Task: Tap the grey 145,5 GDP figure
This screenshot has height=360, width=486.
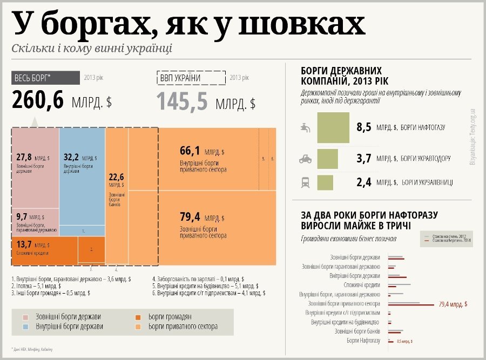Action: click(x=182, y=101)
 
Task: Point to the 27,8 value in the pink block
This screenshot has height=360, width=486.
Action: click(x=24, y=157)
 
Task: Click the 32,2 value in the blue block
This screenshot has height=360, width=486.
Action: click(x=71, y=157)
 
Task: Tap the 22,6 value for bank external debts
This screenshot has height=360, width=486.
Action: click(x=117, y=176)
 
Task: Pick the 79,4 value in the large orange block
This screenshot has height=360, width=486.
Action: click(x=190, y=217)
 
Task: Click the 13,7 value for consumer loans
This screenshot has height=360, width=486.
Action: click(x=24, y=244)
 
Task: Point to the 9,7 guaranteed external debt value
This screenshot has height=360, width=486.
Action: click(x=21, y=216)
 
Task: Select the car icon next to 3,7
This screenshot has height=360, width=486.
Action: click(x=305, y=159)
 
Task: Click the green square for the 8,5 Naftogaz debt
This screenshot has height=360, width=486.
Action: click(x=333, y=127)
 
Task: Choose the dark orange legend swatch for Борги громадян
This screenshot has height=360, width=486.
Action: click(x=139, y=316)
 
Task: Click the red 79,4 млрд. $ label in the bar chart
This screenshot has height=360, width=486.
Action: click(x=454, y=304)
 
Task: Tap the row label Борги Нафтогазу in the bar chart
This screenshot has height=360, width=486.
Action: click(x=363, y=341)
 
